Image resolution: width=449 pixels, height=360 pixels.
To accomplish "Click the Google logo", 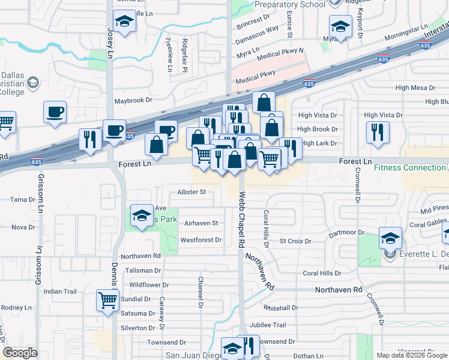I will click(x=20, y=353).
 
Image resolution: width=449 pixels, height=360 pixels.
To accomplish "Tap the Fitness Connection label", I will click(x=411, y=167).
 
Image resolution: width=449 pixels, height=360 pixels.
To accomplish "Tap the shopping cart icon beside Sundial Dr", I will click(x=107, y=299).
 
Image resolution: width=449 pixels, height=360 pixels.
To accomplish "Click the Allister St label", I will click(x=191, y=192).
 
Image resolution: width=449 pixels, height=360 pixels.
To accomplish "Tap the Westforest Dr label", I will click(x=201, y=240).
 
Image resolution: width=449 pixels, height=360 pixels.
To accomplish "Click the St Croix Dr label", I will click(x=295, y=241).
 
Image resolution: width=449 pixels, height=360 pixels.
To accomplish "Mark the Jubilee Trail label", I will click(x=268, y=325).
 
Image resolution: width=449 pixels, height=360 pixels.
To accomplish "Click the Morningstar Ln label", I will click(x=405, y=32).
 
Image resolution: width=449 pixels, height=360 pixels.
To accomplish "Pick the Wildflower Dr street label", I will click(x=150, y=284).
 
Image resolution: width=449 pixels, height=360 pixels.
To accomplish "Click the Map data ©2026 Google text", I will click(x=411, y=355).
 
